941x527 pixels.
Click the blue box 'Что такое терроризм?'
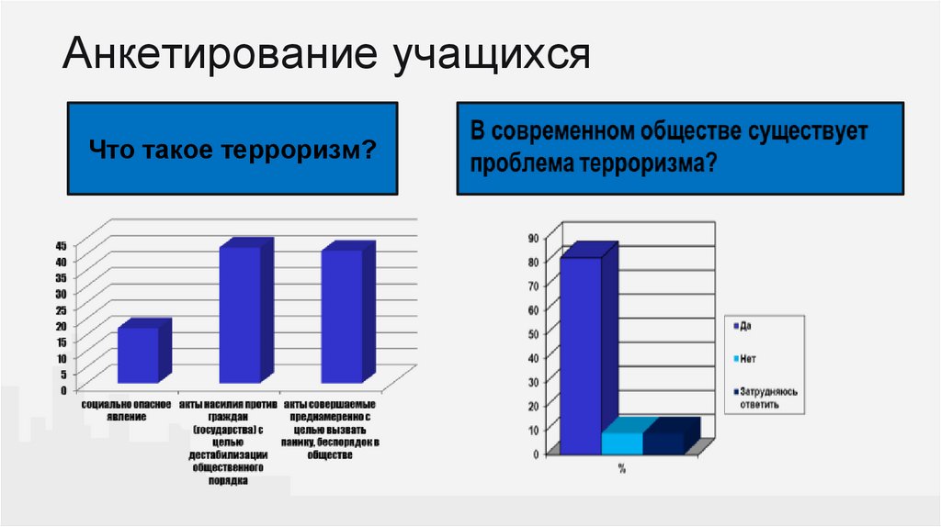[x=234, y=149]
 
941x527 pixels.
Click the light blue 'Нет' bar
[x=622, y=442]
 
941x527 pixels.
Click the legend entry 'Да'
[x=744, y=326]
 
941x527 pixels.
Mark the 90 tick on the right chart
[x=532, y=238]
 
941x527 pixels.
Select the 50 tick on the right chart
[x=532, y=333]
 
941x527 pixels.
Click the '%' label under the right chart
[x=621, y=468]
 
